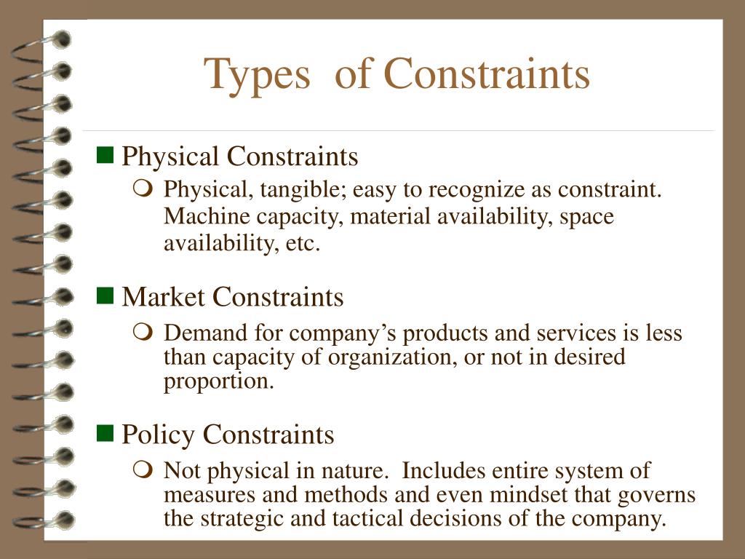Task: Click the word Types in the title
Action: click(x=256, y=75)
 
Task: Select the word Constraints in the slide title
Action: click(x=487, y=74)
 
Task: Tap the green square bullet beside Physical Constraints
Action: click(x=105, y=154)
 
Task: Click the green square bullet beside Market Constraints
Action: click(x=105, y=295)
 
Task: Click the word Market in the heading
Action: click(x=164, y=297)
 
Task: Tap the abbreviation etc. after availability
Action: click(x=303, y=244)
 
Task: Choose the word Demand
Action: click(x=205, y=333)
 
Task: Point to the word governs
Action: click(x=656, y=495)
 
